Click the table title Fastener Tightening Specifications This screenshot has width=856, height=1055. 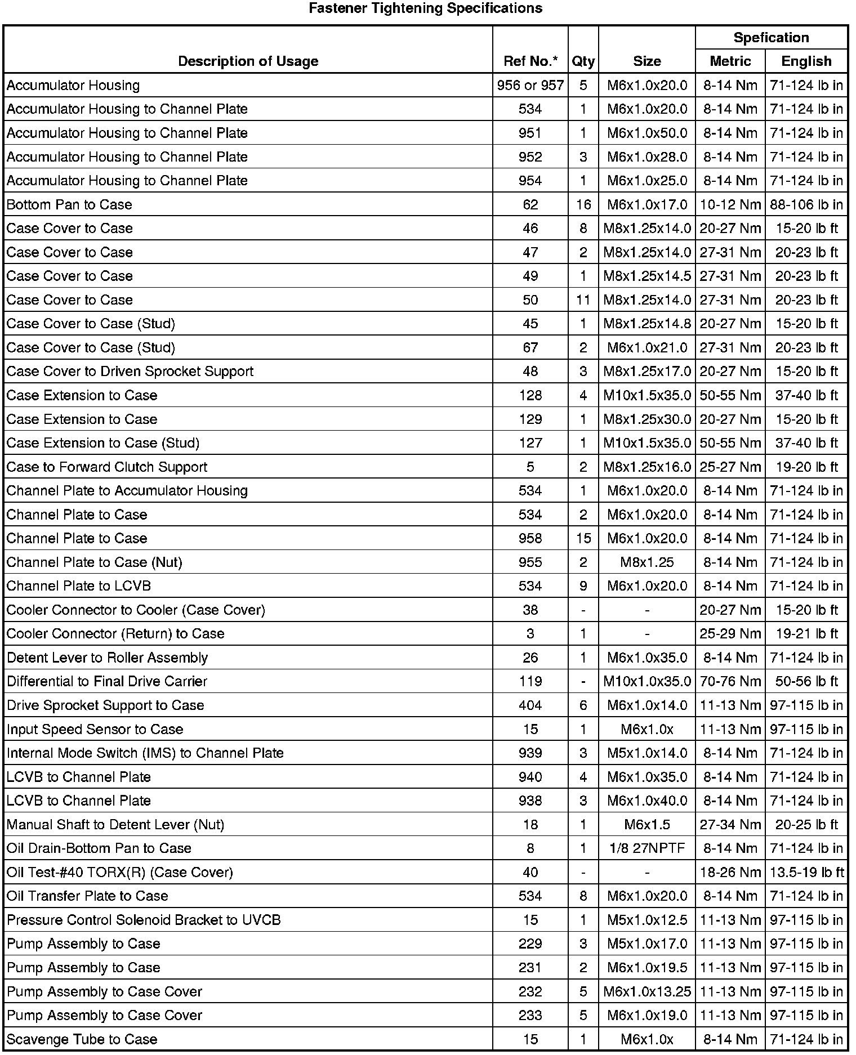pos(425,8)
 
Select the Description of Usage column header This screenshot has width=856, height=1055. pos(248,61)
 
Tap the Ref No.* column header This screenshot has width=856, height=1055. pos(530,61)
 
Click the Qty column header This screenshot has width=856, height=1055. pos(583,61)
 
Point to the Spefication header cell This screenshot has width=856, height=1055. pos(771,38)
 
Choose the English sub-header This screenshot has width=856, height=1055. pos(806,61)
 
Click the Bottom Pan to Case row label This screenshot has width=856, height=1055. pos(69,204)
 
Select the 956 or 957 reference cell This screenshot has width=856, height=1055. pos(530,85)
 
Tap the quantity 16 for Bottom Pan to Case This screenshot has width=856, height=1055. pos(583,204)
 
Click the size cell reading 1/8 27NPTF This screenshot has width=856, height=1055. pos(647,848)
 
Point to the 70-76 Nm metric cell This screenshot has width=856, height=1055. pos(730,681)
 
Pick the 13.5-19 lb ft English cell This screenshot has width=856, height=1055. pos(806,872)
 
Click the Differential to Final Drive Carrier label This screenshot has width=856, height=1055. pos(107,681)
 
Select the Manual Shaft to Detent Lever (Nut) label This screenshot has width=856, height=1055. pos(115,825)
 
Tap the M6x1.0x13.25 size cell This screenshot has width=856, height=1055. pos(647,991)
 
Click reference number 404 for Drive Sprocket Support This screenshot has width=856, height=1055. pos(530,705)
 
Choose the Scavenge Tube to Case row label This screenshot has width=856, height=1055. pos(82,1039)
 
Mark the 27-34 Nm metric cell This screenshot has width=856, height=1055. pos(730,825)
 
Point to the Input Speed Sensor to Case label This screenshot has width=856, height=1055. pos(95,729)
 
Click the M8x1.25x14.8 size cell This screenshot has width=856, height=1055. pos(647,324)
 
